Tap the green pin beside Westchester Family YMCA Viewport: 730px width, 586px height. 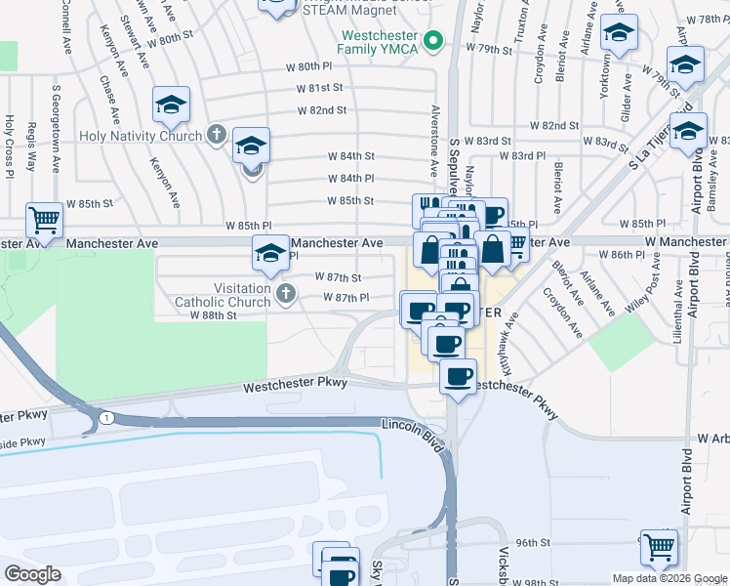pyautogui.click(x=437, y=41)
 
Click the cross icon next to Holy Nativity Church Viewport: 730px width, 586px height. pyautogui.click(x=216, y=136)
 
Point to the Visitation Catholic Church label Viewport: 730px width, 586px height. pyautogui.click(x=223, y=296)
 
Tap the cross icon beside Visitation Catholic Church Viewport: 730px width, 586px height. pyautogui.click(x=286, y=292)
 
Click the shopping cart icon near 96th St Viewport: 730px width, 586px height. pyautogui.click(x=659, y=547)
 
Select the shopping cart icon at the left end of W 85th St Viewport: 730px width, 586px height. pyautogui.click(x=45, y=221)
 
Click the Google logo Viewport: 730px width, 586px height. pyautogui.click(x=33, y=574)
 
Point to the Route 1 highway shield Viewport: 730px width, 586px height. pyautogui.click(x=103, y=419)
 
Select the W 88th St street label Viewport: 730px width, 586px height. pyautogui.click(x=213, y=315)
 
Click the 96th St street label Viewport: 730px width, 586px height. pyautogui.click(x=534, y=542)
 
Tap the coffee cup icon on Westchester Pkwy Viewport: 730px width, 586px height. pyautogui.click(x=458, y=376)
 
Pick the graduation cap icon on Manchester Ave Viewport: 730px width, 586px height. pyautogui.click(x=271, y=254)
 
